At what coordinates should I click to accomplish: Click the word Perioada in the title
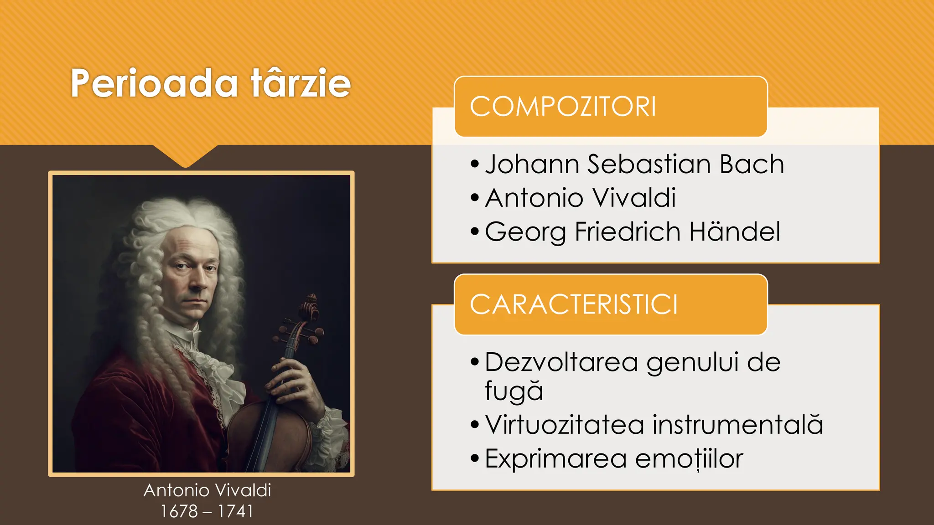click(x=154, y=84)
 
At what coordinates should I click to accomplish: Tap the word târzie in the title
click(x=301, y=83)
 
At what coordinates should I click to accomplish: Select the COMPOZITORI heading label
click(x=563, y=107)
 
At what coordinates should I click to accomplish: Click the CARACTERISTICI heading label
click(x=574, y=305)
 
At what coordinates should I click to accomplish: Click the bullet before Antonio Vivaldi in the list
click(x=475, y=198)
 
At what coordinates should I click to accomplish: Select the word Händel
click(x=735, y=232)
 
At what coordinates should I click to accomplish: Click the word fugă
click(x=514, y=391)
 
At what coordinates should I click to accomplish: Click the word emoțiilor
click(x=689, y=458)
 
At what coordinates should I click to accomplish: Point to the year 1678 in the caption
click(x=179, y=511)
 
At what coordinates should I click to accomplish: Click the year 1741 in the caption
click(x=235, y=511)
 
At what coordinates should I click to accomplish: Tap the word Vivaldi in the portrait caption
click(x=243, y=490)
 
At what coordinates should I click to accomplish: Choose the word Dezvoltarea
click(x=561, y=362)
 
